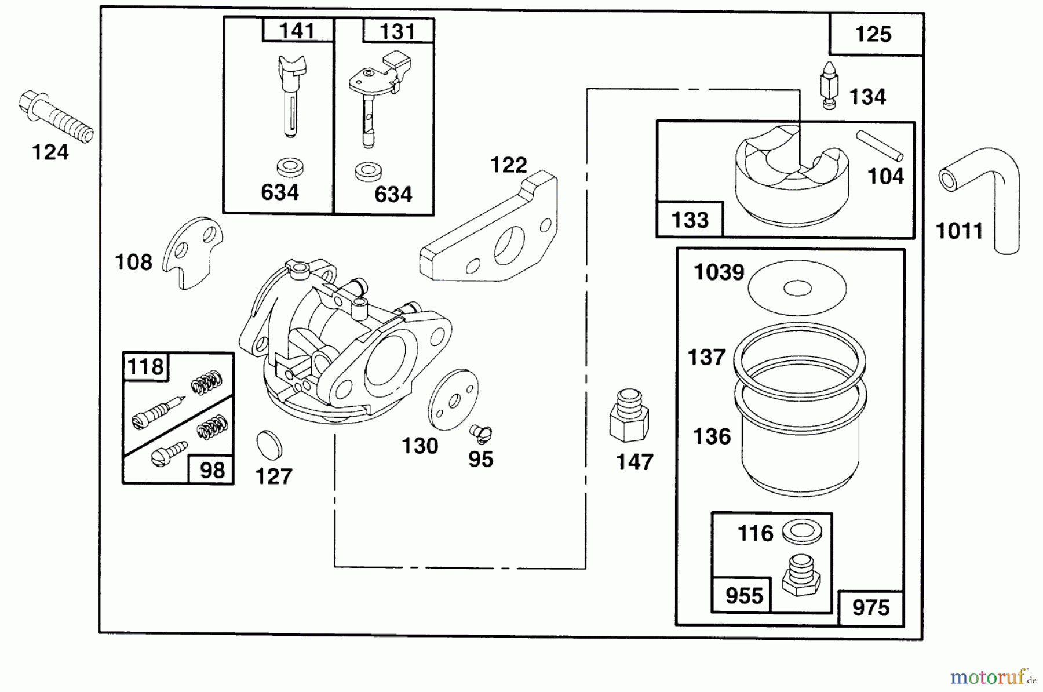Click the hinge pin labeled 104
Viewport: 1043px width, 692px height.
click(x=879, y=145)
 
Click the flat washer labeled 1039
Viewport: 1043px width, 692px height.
click(x=797, y=287)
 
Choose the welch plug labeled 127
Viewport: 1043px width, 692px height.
click(x=269, y=444)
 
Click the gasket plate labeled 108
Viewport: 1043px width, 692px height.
click(x=192, y=253)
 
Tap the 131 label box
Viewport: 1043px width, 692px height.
click(x=398, y=31)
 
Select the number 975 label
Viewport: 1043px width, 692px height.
click(x=870, y=608)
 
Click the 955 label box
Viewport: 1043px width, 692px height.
click(x=743, y=595)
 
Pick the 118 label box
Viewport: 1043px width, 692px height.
click(x=145, y=367)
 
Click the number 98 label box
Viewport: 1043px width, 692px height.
click(x=211, y=470)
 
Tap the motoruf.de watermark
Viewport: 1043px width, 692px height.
click(x=992, y=677)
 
